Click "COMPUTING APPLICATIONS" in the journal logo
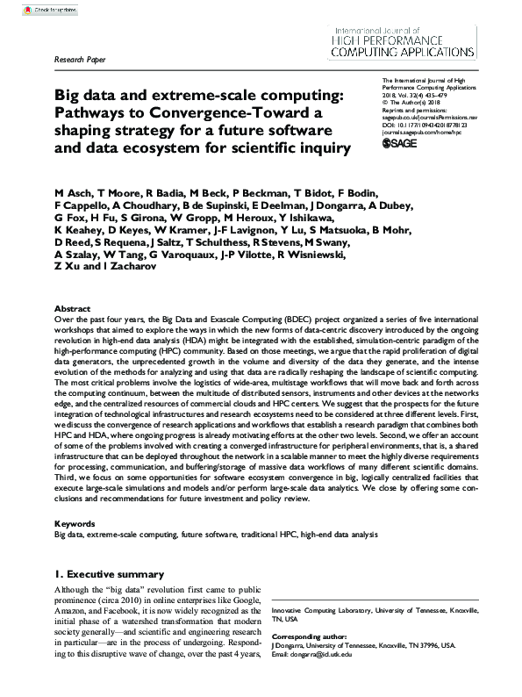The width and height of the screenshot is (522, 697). (426, 53)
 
